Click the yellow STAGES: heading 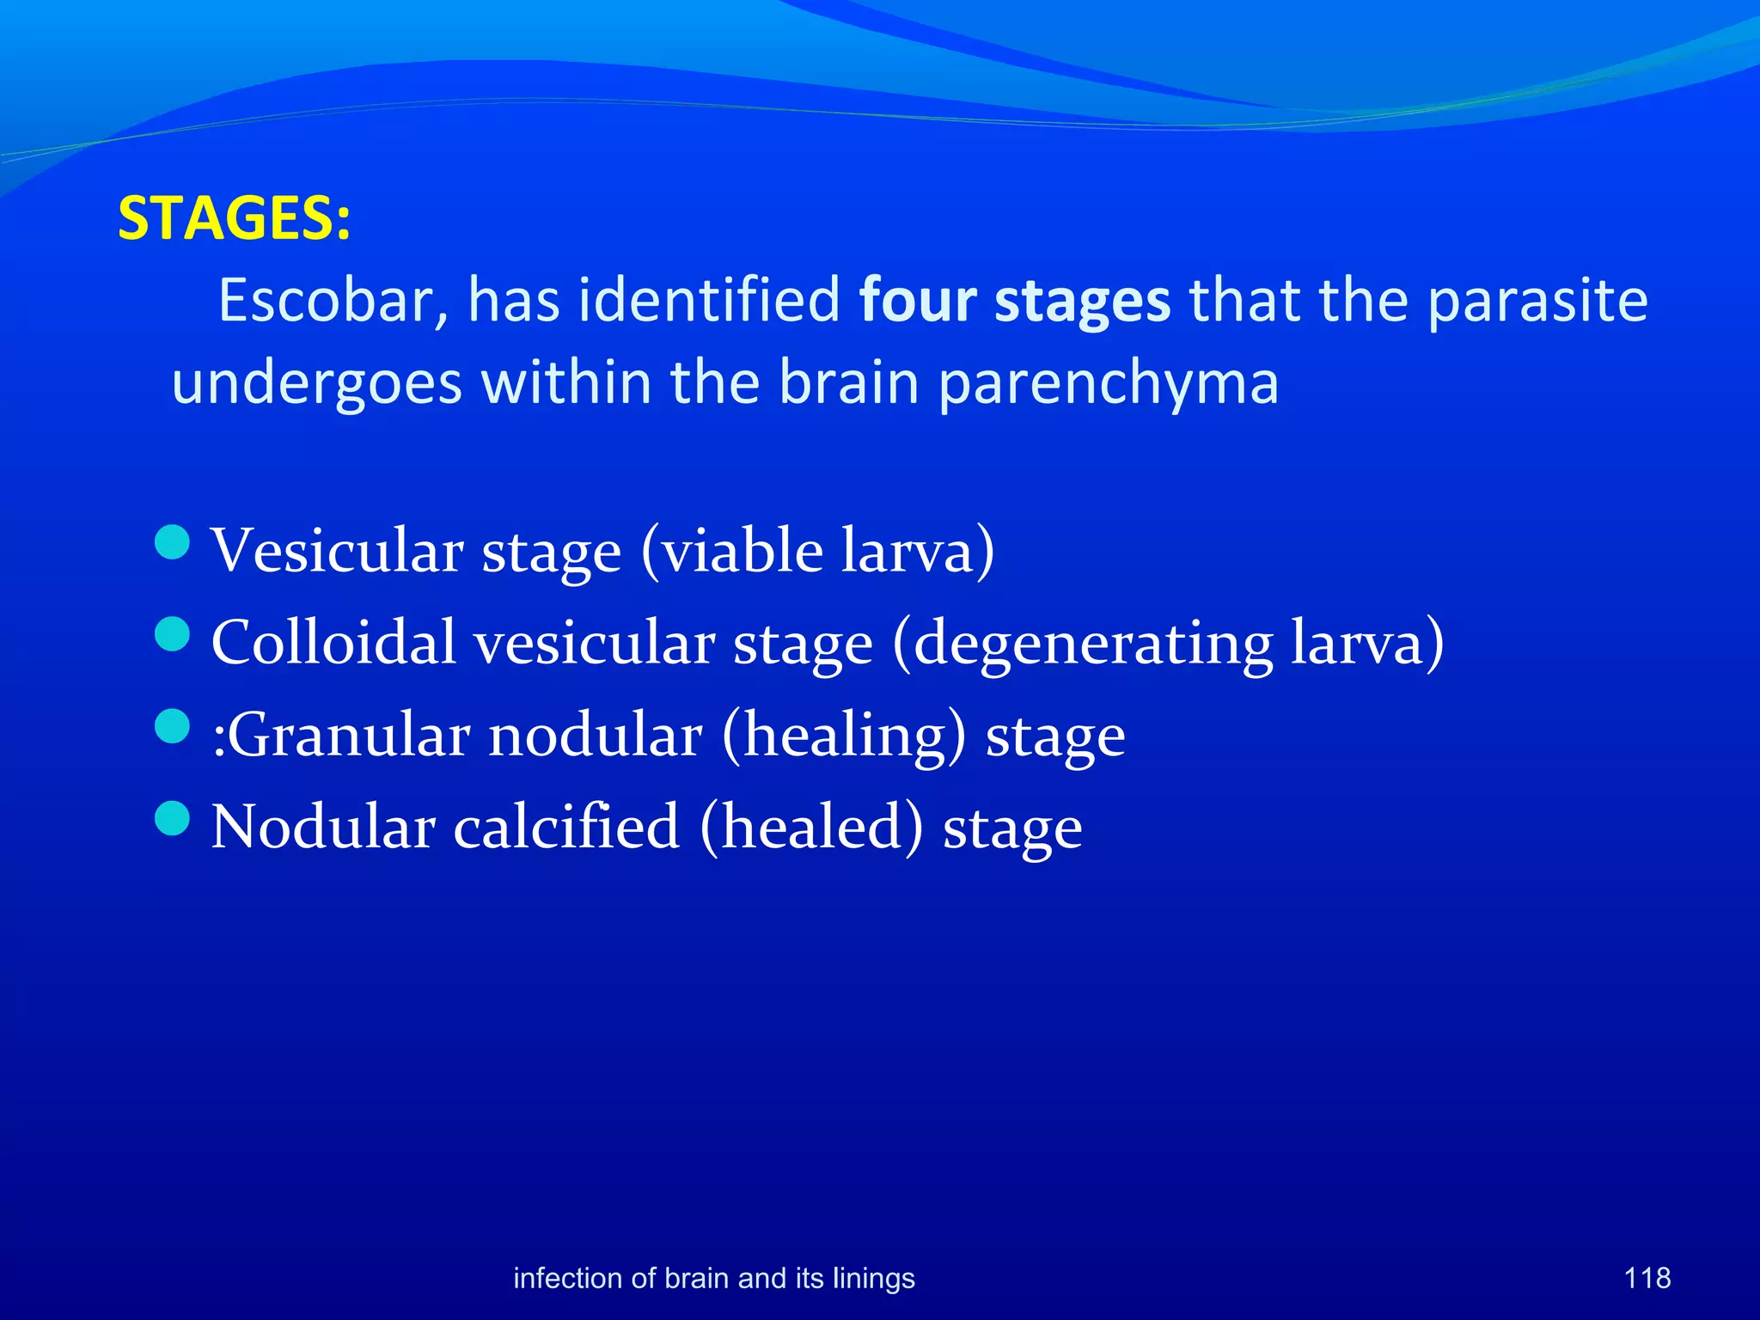click(x=234, y=218)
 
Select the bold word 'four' click(x=918, y=301)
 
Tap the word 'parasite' click(x=1537, y=301)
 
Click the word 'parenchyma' click(x=1108, y=384)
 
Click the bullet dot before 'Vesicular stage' click(x=173, y=542)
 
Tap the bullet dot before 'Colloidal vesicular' click(x=173, y=635)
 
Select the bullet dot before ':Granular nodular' click(x=173, y=726)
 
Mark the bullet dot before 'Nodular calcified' click(x=173, y=818)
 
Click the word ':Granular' click(x=339, y=736)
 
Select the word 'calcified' click(x=566, y=827)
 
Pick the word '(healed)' click(x=811, y=827)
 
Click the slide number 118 click(x=1647, y=1278)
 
